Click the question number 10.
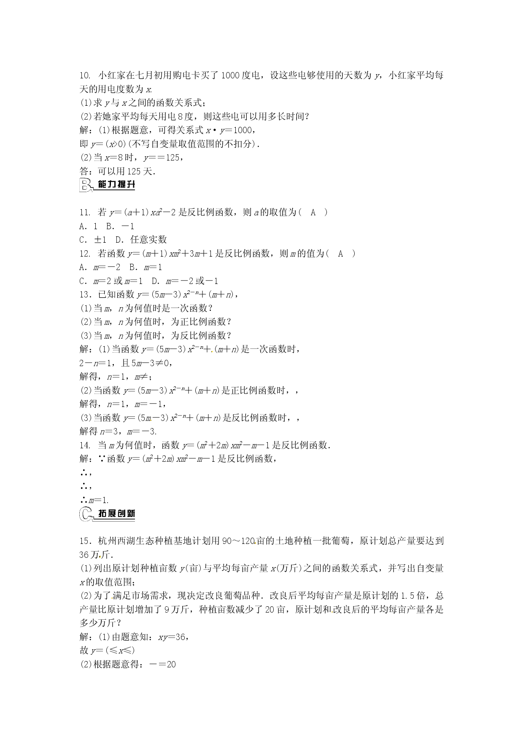tap(85, 76)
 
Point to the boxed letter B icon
tap(86, 185)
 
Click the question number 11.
tap(85, 212)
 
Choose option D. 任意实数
tap(141, 240)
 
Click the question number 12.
tap(85, 254)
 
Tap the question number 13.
tap(85, 295)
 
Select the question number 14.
tap(85, 445)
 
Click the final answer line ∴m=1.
tap(94, 500)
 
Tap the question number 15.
tap(85, 541)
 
